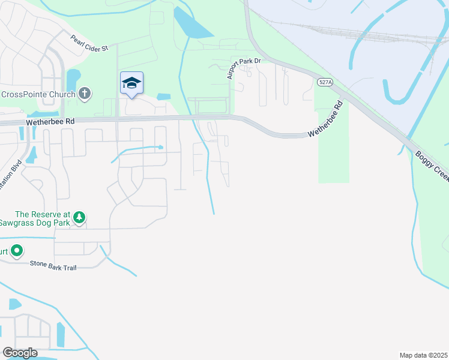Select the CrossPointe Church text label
tap(38, 94)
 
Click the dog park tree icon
tap(79, 218)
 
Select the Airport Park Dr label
tap(244, 67)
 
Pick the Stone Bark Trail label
tap(53, 263)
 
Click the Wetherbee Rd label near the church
tap(50, 121)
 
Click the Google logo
tap(20, 353)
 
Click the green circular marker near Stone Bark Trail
tap(17, 251)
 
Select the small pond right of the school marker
tap(163, 97)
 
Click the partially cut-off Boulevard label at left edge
tap(11, 174)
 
